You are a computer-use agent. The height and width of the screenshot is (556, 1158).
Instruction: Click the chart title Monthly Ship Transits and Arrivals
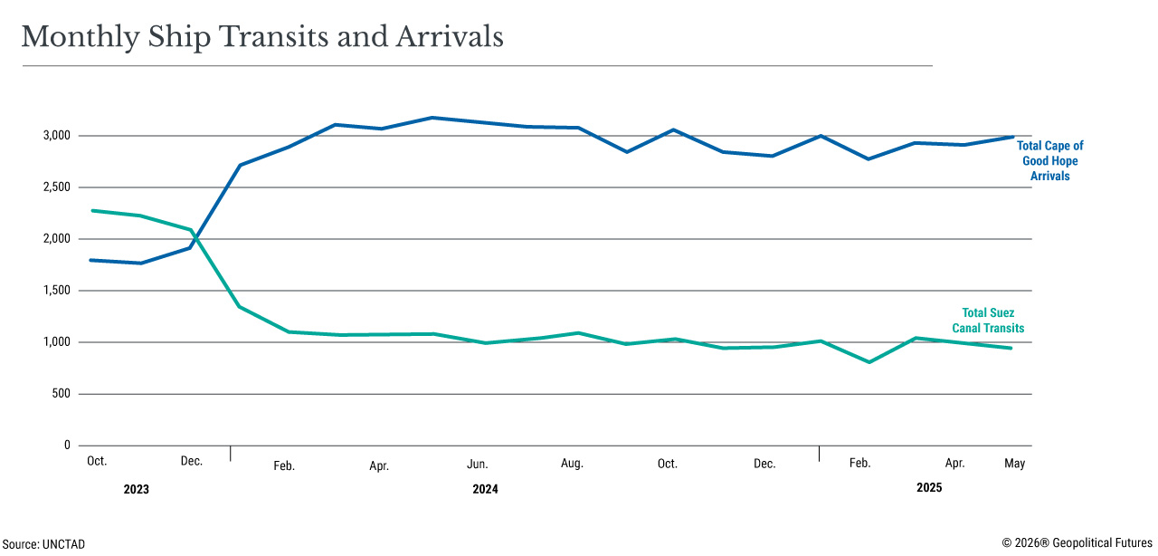tap(262, 36)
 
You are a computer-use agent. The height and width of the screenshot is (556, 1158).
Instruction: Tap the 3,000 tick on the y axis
tap(55, 136)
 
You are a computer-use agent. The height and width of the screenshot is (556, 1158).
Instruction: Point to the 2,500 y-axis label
tap(55, 187)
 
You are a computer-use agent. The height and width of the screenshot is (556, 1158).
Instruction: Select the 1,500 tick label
tap(55, 291)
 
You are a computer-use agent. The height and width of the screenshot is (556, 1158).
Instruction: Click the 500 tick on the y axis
tap(61, 394)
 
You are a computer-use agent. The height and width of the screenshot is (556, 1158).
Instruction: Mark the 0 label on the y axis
tap(66, 446)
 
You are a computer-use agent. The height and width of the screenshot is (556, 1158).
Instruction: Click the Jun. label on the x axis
tap(477, 465)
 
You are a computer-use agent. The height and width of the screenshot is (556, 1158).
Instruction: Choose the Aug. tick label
tap(572, 464)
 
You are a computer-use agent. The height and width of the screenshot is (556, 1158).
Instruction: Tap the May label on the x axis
tap(1014, 464)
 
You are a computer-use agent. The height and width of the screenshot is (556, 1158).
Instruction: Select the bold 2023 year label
tap(136, 489)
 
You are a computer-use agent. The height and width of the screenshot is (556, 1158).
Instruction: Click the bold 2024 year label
tap(485, 489)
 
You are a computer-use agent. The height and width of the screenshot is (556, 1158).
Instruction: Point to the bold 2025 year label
tap(929, 487)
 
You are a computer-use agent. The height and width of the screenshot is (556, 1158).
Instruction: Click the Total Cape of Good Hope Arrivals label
tap(1049, 161)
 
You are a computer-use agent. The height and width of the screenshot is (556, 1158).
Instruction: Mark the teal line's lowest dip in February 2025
tap(869, 362)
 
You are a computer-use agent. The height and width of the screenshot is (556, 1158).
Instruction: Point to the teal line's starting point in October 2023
tap(91, 211)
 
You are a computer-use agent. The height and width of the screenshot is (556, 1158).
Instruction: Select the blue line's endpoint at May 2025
tap(1011, 137)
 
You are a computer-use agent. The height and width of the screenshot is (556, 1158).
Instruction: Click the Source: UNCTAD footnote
tap(43, 544)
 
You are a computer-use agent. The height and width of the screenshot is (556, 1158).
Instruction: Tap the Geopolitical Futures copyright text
tap(1077, 543)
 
